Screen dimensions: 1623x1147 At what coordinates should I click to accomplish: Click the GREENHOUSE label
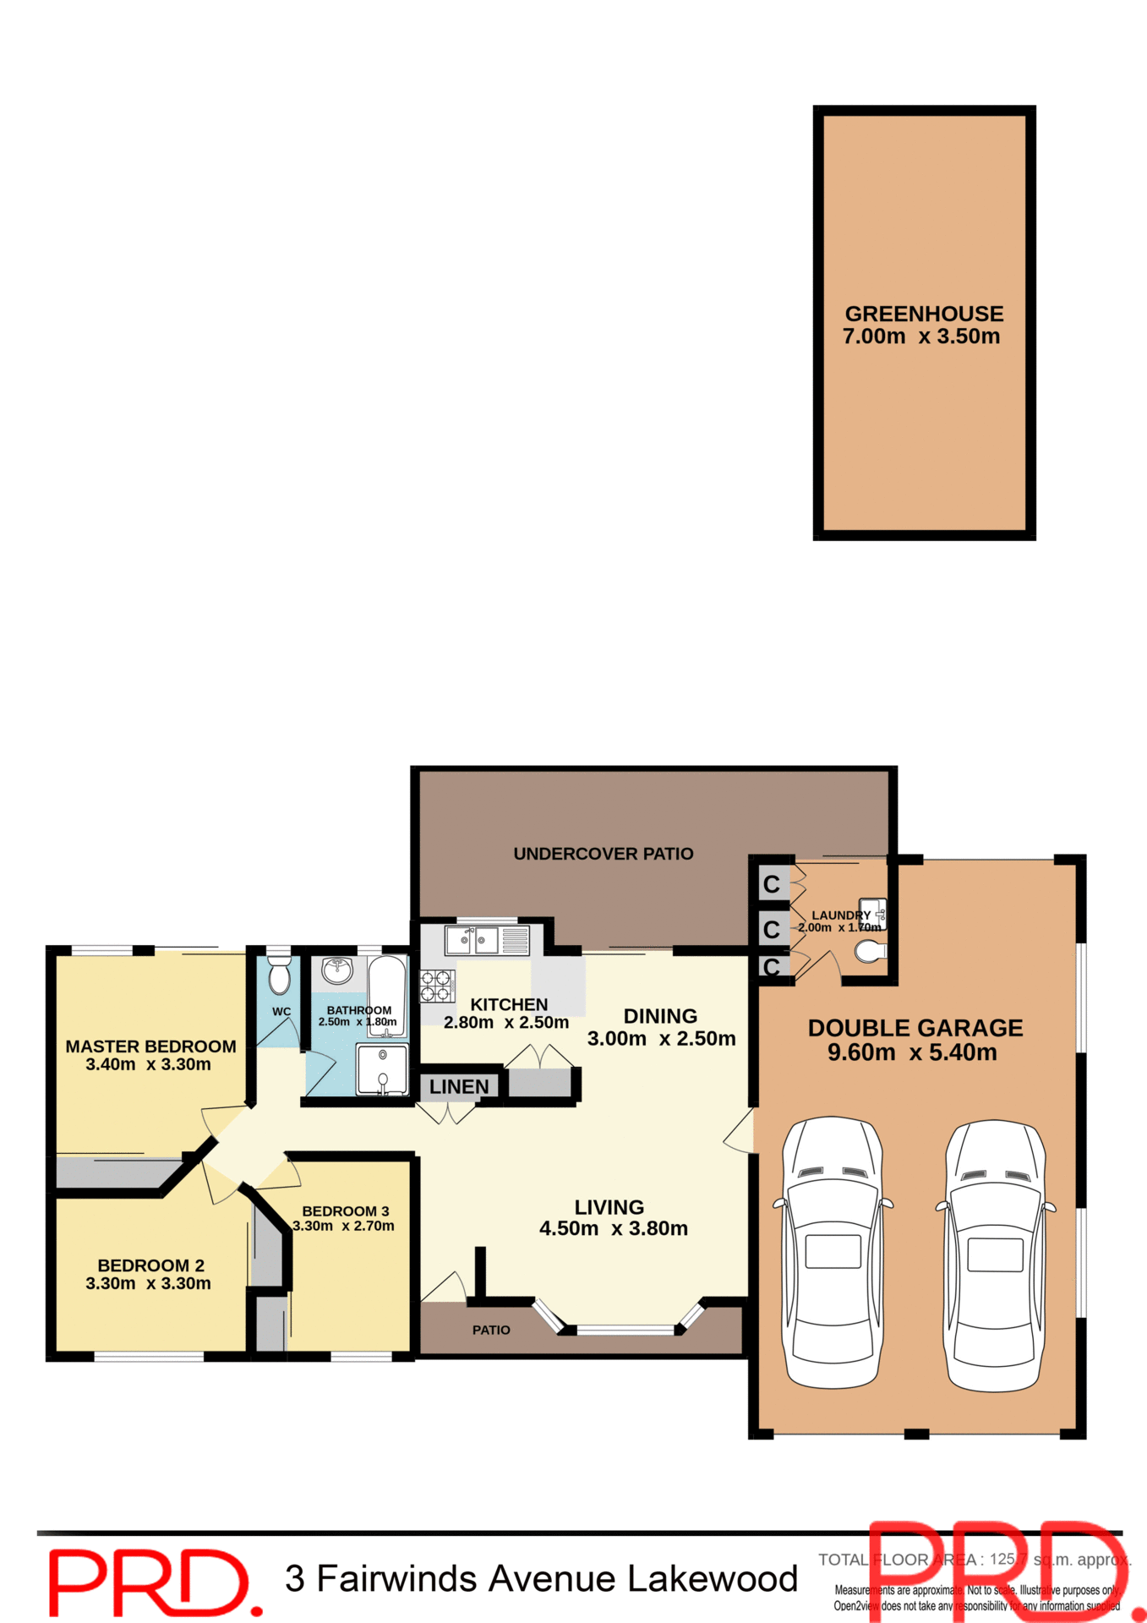tap(924, 314)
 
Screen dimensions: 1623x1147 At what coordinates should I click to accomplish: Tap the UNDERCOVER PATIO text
tap(603, 854)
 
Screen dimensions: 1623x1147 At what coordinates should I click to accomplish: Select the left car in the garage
tap(833, 1254)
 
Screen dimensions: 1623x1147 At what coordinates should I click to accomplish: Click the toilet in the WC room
tap(279, 975)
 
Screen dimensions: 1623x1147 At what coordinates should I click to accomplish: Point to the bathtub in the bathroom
tap(387, 993)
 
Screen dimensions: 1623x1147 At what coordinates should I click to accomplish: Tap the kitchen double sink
tap(472, 939)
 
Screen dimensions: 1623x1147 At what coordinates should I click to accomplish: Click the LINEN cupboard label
tap(458, 1087)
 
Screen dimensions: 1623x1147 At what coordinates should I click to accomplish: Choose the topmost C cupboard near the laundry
tap(771, 885)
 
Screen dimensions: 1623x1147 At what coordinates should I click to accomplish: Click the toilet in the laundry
tap(869, 953)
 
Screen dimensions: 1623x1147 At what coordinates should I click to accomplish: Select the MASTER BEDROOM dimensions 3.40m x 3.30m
tap(149, 1065)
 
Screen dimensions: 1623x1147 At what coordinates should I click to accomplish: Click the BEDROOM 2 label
tap(150, 1265)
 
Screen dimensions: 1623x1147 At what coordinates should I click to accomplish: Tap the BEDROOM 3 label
tap(345, 1211)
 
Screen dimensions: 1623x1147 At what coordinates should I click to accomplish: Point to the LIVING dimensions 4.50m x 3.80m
tap(613, 1229)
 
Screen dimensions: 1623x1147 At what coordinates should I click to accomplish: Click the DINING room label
tap(660, 1016)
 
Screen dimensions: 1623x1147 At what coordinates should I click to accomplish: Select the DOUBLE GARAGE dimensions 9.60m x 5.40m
tap(912, 1053)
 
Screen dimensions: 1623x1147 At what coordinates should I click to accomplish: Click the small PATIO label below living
tap(491, 1331)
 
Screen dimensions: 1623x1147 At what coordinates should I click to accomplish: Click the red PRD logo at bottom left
tap(152, 1582)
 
